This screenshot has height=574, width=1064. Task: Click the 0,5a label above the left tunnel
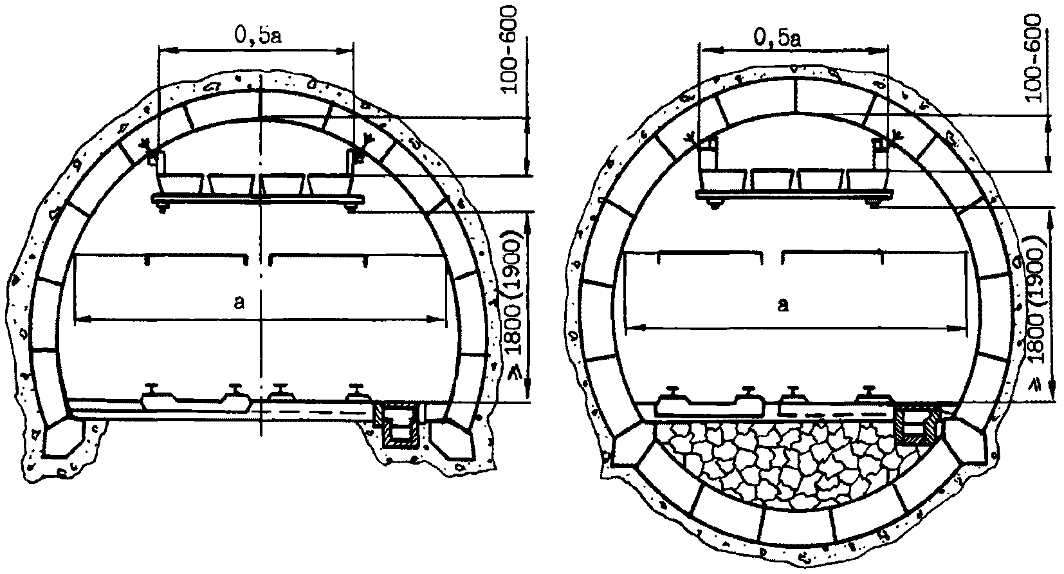coord(257,35)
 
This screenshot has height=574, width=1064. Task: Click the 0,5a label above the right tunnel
coord(778,37)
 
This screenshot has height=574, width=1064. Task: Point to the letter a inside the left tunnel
coord(239,302)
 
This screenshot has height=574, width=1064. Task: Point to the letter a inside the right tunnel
coord(783,304)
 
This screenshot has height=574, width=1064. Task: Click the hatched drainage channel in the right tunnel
coord(917,424)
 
